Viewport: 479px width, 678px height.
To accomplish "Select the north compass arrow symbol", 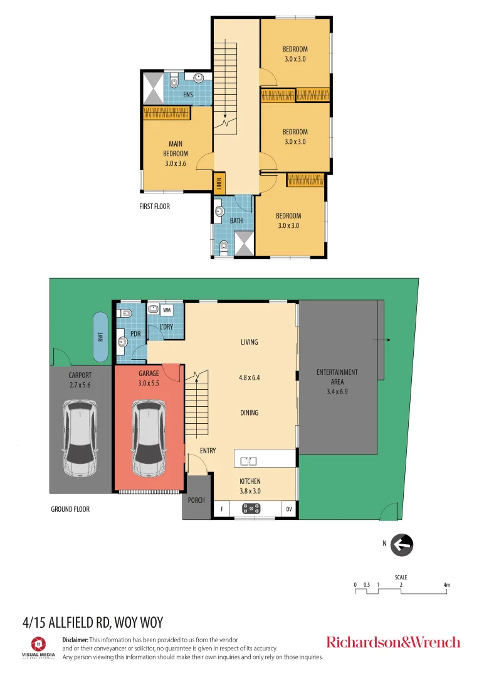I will (402, 545).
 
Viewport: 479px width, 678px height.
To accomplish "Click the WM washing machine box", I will (167, 310).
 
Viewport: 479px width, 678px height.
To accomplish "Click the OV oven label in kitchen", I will (289, 510).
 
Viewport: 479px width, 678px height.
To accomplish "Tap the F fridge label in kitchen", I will (221, 510).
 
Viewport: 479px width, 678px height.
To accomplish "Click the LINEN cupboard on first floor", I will (219, 183).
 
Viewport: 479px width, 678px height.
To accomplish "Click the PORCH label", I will (196, 500).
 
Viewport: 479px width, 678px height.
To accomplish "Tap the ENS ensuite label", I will (187, 95).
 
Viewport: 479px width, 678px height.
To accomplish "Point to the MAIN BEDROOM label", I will (176, 154).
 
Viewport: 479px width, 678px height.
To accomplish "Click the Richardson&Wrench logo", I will (393, 642).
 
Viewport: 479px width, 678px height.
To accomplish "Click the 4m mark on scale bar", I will (446, 585).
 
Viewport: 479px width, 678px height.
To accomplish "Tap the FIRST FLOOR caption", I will (154, 206).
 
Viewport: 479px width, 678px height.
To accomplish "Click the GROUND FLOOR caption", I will (70, 509).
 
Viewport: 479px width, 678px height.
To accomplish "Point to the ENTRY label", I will (208, 451).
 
